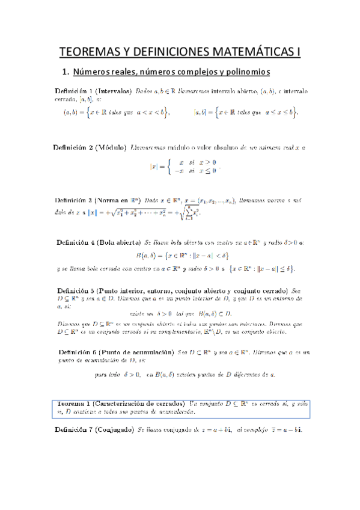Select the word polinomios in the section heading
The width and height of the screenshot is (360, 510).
(x=246, y=73)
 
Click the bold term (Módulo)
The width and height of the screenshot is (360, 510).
(x=110, y=147)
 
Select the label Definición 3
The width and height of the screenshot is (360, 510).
(x=75, y=200)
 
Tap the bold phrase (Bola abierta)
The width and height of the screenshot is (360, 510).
(x=118, y=242)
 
